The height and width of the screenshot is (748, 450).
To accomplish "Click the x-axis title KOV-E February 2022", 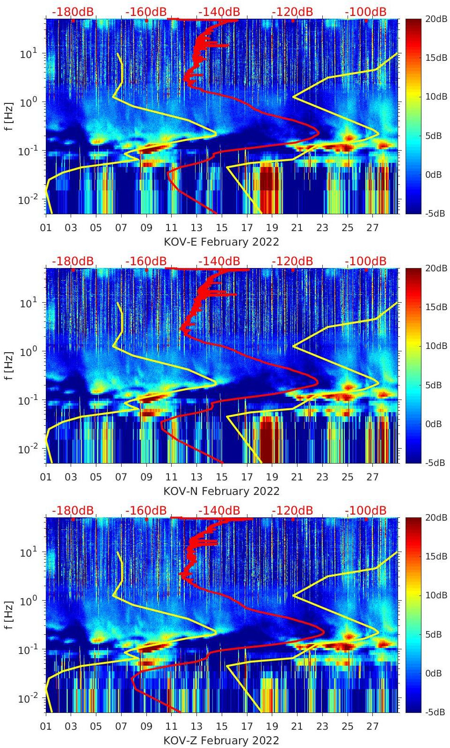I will pyautogui.click(x=221, y=242).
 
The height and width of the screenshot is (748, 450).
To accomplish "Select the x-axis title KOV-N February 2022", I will pyautogui.click(x=221, y=491).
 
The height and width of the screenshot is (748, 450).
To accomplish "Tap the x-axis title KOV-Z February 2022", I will pyautogui.click(x=221, y=741).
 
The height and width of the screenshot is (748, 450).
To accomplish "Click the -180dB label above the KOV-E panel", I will pyautogui.click(x=73, y=12).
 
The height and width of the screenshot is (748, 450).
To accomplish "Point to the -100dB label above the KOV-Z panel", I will pyautogui.click(x=366, y=510).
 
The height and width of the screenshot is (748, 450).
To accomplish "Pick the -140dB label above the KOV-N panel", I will pyautogui.click(x=219, y=261).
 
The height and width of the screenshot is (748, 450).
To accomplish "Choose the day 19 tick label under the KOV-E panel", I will pyautogui.click(x=272, y=228).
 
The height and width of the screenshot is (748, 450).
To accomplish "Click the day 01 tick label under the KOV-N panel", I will pyautogui.click(x=46, y=477).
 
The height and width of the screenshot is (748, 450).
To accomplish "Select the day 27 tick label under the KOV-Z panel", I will pyautogui.click(x=372, y=726).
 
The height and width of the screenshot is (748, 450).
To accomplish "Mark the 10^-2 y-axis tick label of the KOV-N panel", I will pyautogui.click(x=27, y=449).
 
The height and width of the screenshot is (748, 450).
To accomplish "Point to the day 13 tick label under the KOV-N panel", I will pyautogui.click(x=196, y=477).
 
